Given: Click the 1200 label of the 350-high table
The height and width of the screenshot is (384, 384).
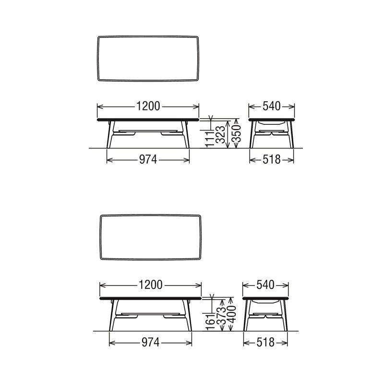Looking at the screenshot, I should coord(148,107).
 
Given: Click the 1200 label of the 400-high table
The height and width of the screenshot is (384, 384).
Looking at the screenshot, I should coord(150,285).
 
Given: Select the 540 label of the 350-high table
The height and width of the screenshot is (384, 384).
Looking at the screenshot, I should coord(272,107).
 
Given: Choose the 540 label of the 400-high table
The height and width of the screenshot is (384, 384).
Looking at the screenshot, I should coord(265,285).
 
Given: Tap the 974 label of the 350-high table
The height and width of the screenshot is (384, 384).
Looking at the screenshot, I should coord(148,160).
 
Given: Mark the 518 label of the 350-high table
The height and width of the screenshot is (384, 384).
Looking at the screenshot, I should coord(272,160).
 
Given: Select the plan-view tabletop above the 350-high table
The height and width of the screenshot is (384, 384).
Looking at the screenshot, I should coord(148,58).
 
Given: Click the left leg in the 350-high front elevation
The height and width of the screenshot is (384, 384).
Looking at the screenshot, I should coord(109,136).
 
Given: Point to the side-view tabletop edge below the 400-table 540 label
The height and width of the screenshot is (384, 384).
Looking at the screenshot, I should coord(265,298).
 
